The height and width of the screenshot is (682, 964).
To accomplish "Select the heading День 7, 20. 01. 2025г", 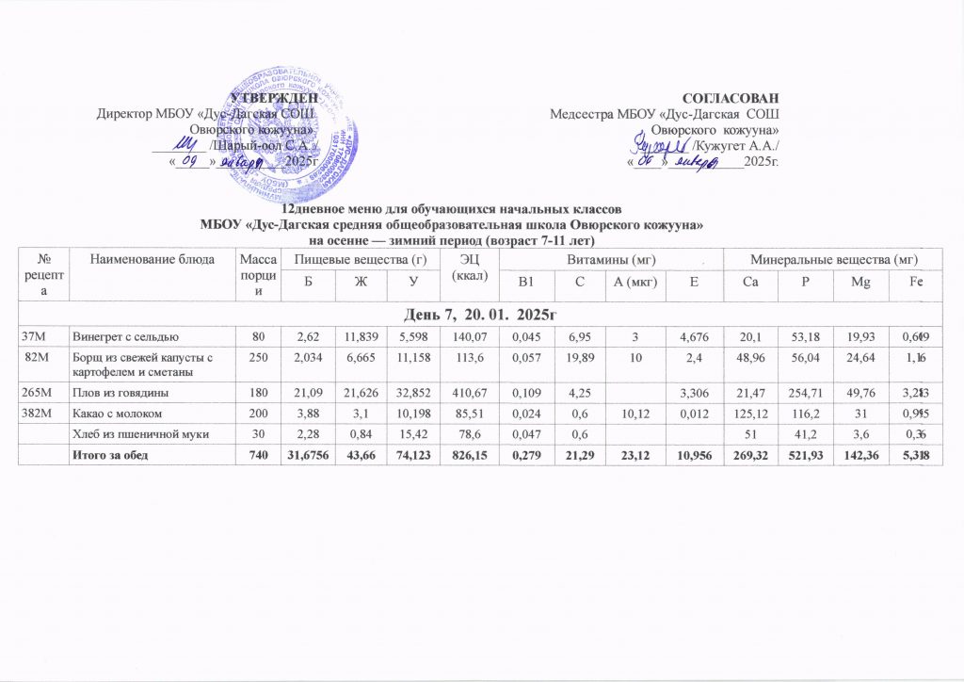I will click(482, 312).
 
